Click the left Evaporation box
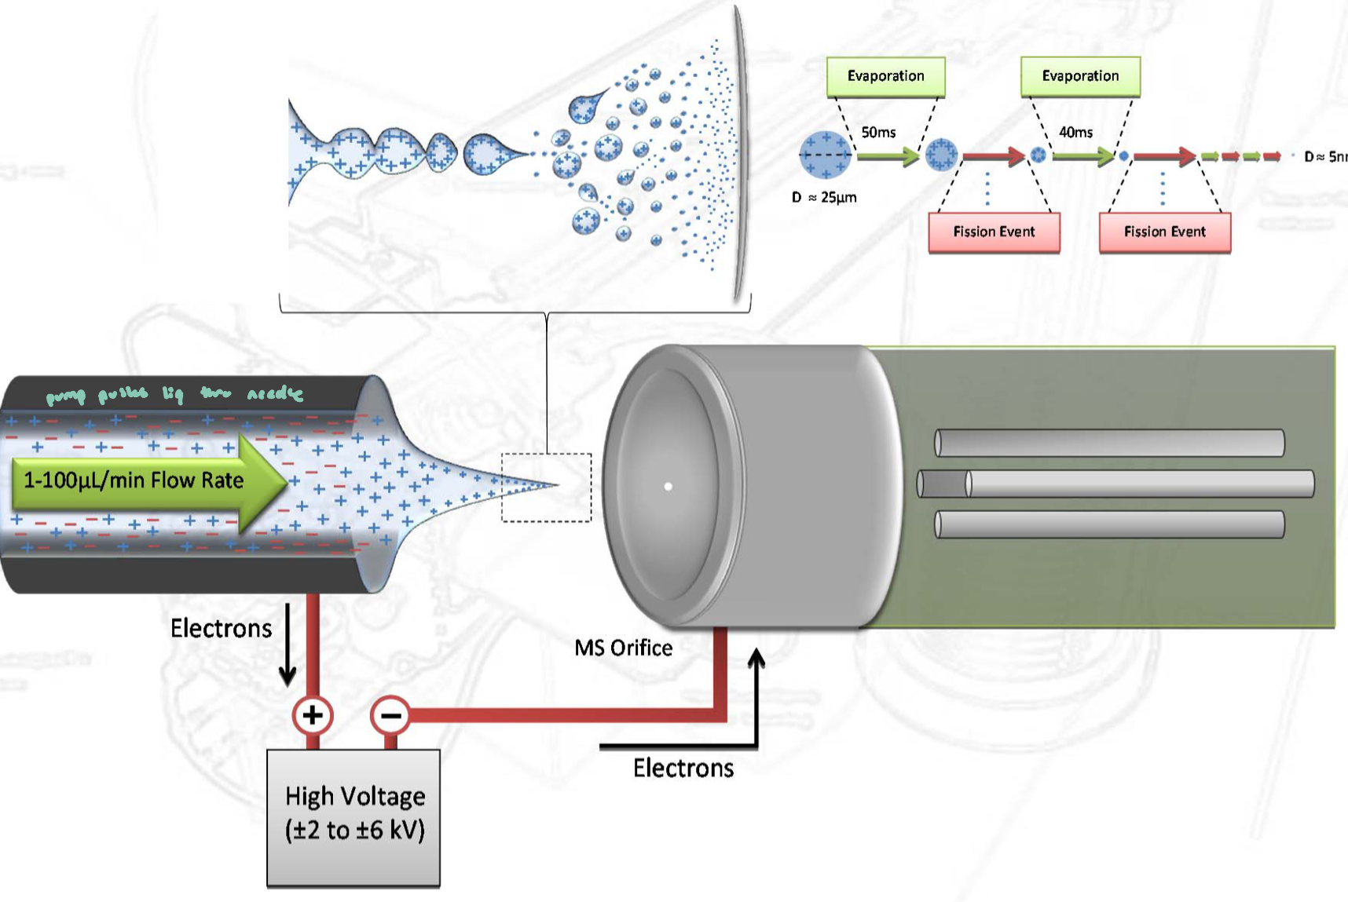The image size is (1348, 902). point(885,76)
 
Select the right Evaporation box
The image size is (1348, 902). point(1080,76)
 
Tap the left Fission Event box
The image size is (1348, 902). point(994,232)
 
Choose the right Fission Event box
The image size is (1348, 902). point(1164,232)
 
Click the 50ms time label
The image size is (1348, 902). point(878,132)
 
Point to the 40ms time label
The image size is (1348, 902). point(1075,132)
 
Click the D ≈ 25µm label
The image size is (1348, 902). point(824,197)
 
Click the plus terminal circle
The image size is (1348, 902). point(313,715)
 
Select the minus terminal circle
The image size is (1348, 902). point(390,715)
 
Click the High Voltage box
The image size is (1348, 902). point(353,817)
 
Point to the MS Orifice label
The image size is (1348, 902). point(623,648)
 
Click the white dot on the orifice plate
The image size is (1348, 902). point(669,487)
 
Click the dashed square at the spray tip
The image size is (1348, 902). point(547,488)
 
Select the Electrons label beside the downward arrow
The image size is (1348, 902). point(221,628)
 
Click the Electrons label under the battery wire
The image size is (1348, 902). point(683,768)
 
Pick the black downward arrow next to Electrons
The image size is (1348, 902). point(288,644)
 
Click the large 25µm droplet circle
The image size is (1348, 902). point(825,155)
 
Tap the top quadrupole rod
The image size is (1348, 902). point(1109,443)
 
